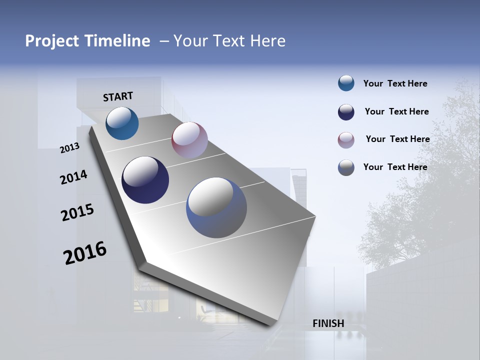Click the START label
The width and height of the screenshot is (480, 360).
click(x=118, y=96)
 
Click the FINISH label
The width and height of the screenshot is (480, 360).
click(x=328, y=323)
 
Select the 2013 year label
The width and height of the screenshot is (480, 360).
click(x=70, y=148)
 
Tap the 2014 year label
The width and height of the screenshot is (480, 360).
click(x=74, y=177)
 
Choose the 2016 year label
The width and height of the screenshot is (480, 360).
click(x=85, y=253)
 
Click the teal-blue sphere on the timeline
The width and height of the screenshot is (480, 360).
click(x=122, y=123)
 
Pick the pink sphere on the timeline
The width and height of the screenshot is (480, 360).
click(x=189, y=140)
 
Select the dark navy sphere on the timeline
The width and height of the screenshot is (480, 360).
click(x=145, y=180)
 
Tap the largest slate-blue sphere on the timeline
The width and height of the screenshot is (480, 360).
click(x=216, y=207)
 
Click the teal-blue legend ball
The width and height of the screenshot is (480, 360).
click(x=346, y=83)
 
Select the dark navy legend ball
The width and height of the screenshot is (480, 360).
click(x=346, y=112)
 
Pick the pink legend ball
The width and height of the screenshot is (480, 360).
click(x=346, y=140)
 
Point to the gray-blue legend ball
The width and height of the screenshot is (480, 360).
click(x=346, y=167)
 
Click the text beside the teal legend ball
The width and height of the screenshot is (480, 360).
click(x=395, y=84)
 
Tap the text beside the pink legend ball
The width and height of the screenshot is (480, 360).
click(x=397, y=139)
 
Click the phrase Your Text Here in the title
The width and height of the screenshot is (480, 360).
click(x=229, y=41)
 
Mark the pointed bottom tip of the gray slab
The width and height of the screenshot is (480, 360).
click(x=270, y=325)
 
